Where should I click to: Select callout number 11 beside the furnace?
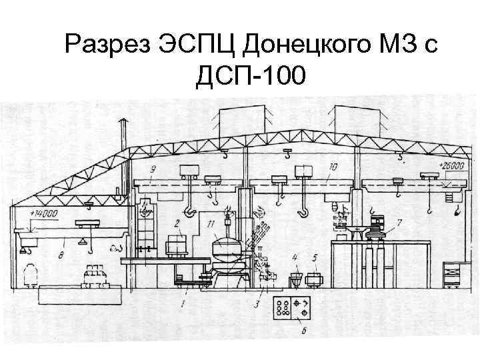click(x=211, y=224)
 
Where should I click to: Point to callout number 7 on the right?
click(x=399, y=221)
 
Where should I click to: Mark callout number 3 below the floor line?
click(x=257, y=305)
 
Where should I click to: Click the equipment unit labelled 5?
click(x=316, y=275)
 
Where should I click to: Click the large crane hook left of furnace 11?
click(x=191, y=211)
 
